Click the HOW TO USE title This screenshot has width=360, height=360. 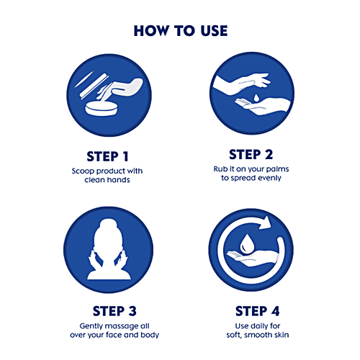[x=181, y=31]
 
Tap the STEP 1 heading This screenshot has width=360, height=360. [x=107, y=156]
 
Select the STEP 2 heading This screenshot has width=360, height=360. [x=251, y=154]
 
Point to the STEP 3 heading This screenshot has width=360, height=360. [x=114, y=311]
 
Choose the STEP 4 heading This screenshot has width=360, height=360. [x=257, y=311]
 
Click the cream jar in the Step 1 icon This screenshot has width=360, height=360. [x=102, y=109]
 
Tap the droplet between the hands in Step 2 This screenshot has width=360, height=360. [x=256, y=97]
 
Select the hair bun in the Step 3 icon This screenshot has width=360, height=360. [x=108, y=225]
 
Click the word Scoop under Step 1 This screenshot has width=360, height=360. [x=83, y=171]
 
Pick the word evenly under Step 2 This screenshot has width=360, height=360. [x=269, y=178]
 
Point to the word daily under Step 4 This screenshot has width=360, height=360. [x=256, y=326]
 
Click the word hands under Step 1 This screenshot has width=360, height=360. [x=118, y=179]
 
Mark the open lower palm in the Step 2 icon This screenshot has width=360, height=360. [x=262, y=106]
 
